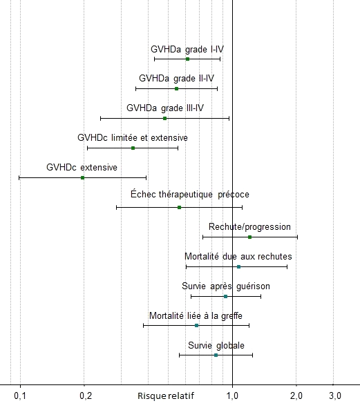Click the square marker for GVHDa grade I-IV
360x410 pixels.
187,59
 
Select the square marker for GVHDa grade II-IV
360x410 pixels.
176,89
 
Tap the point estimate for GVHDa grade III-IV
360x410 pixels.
164,119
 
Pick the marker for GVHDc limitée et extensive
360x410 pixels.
133,148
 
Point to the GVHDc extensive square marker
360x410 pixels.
82,178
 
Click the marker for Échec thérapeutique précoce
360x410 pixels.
180,208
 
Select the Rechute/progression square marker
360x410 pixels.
249,237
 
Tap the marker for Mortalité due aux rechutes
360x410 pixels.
238,267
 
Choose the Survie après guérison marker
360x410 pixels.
225,297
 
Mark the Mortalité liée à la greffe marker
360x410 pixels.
197,326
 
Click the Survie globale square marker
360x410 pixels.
216,355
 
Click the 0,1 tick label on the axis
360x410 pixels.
20,396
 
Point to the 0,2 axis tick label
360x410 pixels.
86,396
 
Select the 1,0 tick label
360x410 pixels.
232,396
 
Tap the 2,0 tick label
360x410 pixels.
296,396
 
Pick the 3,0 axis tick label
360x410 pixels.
335,396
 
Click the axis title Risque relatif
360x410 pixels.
166,396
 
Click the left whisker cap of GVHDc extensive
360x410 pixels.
19,178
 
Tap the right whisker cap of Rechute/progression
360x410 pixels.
297,237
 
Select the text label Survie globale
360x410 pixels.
216,345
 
